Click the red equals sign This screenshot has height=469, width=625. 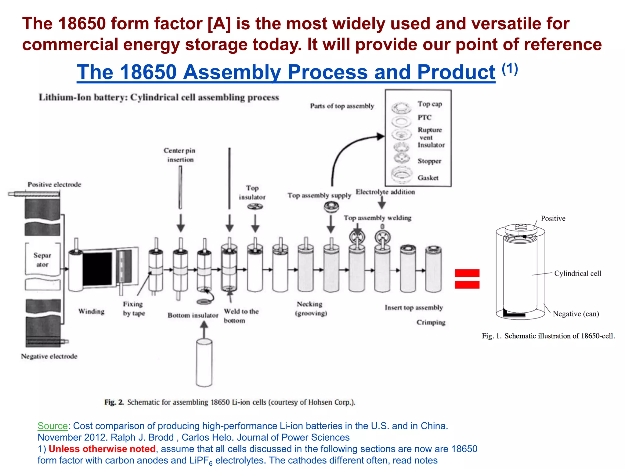point(467,279)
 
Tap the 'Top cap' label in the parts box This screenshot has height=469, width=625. point(430,104)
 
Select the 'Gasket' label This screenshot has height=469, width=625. point(428,178)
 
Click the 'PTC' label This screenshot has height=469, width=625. point(424,118)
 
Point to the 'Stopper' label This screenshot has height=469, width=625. point(429,161)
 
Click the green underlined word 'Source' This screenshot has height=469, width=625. point(52,426)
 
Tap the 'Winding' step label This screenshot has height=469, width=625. point(91,311)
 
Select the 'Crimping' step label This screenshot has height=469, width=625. point(431,322)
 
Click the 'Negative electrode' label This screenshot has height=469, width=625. point(49,356)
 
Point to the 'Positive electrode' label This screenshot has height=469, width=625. point(54,184)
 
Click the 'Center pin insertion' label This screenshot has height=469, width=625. point(180,155)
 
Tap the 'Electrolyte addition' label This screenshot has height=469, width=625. point(385,192)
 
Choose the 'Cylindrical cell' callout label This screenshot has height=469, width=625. point(577,273)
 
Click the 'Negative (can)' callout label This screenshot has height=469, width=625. point(576,314)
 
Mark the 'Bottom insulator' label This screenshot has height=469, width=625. point(193,315)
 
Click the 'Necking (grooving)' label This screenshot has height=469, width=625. point(311,308)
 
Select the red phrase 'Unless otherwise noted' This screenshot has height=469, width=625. point(102,449)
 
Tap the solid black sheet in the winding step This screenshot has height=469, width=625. point(97,269)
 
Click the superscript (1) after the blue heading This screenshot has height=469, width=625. point(510,69)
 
